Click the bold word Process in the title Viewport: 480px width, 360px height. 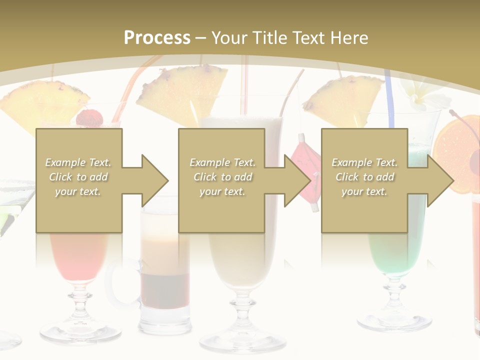[157, 37]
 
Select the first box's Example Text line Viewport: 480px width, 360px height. [78, 162]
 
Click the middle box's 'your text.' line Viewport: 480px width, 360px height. [222, 191]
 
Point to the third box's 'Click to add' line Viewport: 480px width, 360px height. [364, 177]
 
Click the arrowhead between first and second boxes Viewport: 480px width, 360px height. [154, 180]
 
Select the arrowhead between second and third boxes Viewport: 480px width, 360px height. [297, 180]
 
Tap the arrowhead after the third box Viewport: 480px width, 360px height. [439, 180]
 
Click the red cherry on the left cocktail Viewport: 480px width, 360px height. [89, 118]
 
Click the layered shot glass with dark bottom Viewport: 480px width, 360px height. [165, 280]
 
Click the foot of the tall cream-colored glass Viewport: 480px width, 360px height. [242, 340]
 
